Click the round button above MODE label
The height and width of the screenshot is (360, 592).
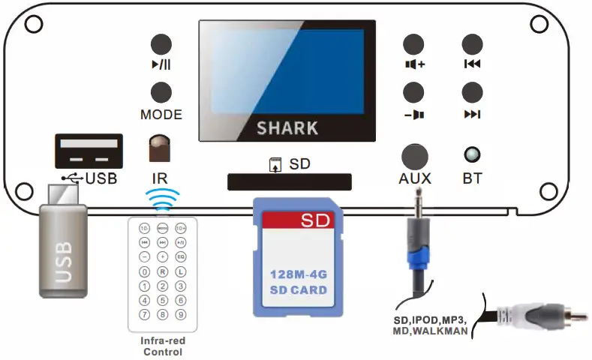(161, 92)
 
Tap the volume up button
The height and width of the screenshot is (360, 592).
(413, 43)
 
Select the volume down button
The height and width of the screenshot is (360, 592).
(413, 92)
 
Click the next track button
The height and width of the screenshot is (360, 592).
(472, 92)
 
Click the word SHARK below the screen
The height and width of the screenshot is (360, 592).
(287, 127)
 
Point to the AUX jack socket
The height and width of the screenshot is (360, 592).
(414, 156)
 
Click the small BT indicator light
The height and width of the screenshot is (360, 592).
(472, 155)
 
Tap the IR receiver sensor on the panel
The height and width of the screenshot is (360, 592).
(159, 148)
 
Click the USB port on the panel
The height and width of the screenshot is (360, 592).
(88, 151)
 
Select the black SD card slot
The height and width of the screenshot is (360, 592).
(289, 181)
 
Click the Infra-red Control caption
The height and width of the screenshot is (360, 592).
(163, 345)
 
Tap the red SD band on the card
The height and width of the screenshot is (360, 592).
(298, 221)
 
